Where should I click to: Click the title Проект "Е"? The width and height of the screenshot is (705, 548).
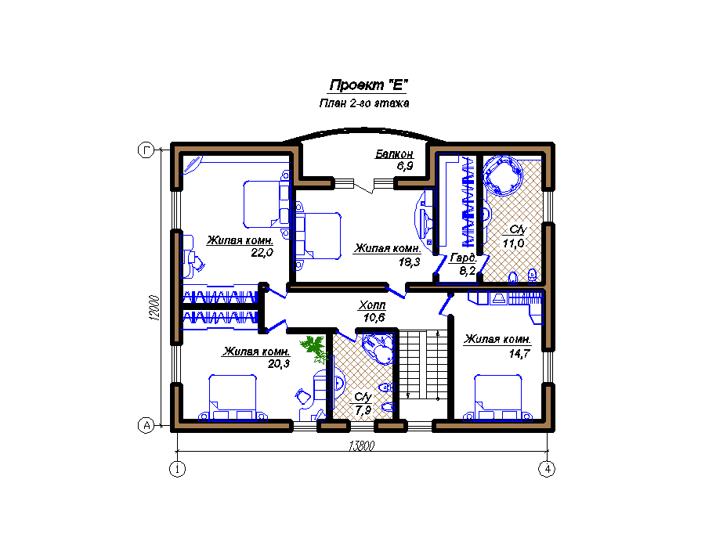368,85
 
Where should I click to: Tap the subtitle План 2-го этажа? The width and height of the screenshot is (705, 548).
364,103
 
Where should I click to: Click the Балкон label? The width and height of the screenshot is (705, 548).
394,154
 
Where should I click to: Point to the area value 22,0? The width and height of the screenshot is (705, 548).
262,252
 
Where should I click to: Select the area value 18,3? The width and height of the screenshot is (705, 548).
409,261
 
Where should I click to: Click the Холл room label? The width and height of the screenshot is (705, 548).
372,305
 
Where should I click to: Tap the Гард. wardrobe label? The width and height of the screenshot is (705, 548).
463,258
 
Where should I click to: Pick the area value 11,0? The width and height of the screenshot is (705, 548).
513,243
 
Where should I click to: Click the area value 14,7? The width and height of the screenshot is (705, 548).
519,354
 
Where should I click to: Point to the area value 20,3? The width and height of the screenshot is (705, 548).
279,364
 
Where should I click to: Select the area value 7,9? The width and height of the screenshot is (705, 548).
363,410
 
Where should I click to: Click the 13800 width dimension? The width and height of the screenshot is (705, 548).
361,445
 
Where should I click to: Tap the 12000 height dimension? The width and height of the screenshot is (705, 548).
154,308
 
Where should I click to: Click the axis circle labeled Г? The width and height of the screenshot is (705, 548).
146,150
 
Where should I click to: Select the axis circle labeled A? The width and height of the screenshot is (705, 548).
146,425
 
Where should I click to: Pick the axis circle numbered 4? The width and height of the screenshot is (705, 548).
547,470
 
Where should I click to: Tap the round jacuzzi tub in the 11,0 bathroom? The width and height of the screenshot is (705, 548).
502,175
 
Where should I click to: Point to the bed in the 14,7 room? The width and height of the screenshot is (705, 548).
497,398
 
